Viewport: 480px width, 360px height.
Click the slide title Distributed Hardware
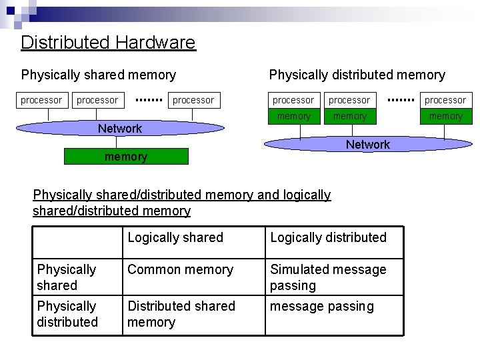click(108, 43)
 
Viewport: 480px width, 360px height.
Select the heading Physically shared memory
click(99, 75)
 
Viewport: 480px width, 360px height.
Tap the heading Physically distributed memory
click(357, 75)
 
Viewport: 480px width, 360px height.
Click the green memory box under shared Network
click(126, 157)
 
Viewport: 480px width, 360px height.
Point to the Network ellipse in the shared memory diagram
click(120, 128)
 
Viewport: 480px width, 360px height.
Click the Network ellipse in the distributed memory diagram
click(367, 144)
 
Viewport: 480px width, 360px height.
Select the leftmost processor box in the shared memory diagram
click(41, 100)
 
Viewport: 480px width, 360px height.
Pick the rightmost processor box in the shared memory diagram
click(193, 100)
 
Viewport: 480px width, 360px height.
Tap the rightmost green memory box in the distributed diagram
click(445, 116)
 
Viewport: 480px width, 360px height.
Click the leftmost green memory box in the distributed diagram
click(293, 116)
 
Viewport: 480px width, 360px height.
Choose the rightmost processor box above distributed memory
click(445, 100)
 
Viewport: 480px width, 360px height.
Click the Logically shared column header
click(175, 237)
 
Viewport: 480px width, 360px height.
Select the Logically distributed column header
click(328, 237)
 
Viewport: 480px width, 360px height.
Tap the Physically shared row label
click(67, 277)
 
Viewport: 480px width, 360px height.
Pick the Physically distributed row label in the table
click(67, 314)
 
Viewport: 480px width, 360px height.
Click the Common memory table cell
click(180, 269)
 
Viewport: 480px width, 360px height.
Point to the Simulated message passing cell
click(328, 277)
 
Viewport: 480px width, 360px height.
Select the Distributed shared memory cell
click(181, 314)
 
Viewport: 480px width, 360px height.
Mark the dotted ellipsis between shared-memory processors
click(149, 100)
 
